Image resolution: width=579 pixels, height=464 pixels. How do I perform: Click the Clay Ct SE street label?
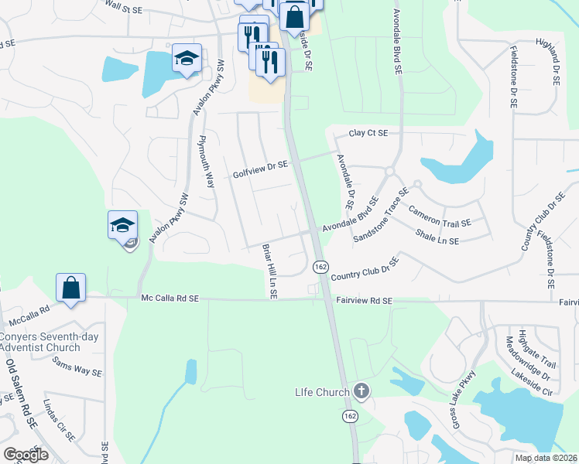(x=367, y=133)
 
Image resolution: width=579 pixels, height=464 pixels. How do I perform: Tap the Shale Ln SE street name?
(x=437, y=237)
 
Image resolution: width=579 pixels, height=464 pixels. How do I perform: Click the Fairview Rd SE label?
(x=365, y=300)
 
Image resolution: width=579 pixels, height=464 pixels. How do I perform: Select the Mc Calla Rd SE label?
(x=170, y=298)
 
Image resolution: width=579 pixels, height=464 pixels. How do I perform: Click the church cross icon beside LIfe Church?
(x=361, y=391)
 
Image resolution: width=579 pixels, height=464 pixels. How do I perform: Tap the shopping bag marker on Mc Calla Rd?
(x=70, y=288)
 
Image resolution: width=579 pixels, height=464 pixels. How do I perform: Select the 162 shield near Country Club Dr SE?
(x=320, y=266)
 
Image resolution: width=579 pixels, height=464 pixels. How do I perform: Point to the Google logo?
(x=26, y=454)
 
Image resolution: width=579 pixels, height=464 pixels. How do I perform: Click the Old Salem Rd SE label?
(x=20, y=394)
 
